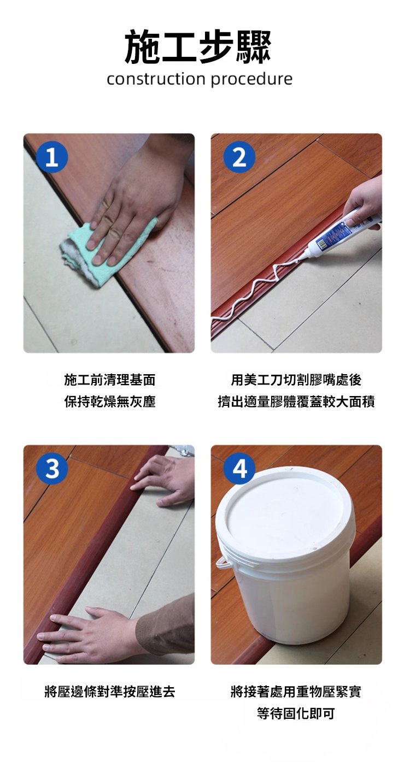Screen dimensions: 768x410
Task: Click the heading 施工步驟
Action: click(x=198, y=48)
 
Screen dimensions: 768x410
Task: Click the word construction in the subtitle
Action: click(x=156, y=80)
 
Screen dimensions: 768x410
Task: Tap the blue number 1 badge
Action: click(x=51, y=158)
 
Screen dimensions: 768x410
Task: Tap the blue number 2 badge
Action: click(x=239, y=158)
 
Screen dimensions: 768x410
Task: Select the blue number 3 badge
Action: click(x=51, y=469)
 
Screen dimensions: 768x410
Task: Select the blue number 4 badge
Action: click(x=239, y=469)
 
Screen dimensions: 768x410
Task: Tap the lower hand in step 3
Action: click(x=93, y=634)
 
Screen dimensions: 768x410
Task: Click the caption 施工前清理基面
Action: click(x=109, y=380)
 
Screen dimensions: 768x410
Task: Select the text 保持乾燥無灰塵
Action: click(x=109, y=402)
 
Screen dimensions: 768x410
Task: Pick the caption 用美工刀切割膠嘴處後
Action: click(x=296, y=380)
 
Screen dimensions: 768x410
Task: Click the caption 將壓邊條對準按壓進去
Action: click(x=109, y=692)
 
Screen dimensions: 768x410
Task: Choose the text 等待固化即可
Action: click(x=296, y=713)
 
